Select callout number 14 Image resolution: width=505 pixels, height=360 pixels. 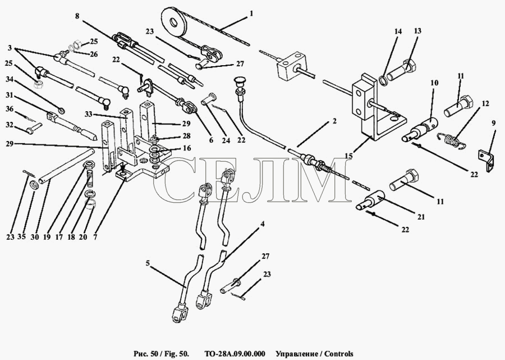click(x=397, y=32)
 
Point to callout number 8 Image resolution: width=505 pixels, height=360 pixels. click(x=77, y=17)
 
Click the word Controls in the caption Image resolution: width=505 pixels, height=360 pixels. click(x=337, y=354)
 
